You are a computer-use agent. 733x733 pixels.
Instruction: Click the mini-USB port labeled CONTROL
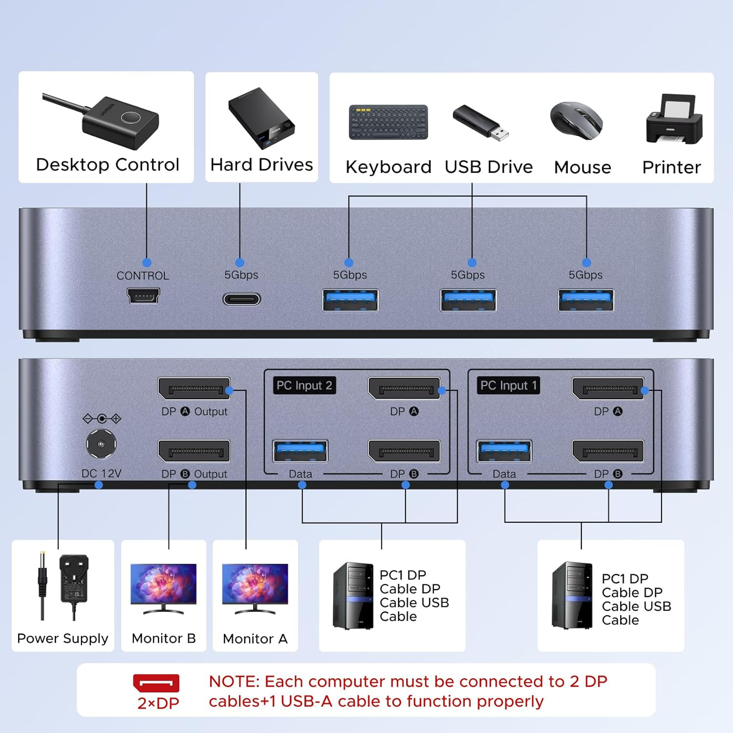[x=143, y=296]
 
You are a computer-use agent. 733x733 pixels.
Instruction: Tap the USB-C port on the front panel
[x=242, y=299]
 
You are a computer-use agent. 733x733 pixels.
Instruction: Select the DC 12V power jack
[x=101, y=444]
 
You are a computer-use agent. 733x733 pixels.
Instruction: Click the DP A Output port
[x=194, y=389]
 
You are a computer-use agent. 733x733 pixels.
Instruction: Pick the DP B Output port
[x=194, y=451]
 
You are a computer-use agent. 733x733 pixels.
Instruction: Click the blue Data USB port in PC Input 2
[x=301, y=451]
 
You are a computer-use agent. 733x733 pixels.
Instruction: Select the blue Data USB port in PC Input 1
[x=504, y=451]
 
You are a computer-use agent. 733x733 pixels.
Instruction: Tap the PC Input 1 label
[x=508, y=386]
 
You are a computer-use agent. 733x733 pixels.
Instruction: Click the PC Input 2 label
[x=304, y=386]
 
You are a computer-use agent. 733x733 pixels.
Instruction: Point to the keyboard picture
[x=388, y=122]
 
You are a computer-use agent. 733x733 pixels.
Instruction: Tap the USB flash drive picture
[x=480, y=123]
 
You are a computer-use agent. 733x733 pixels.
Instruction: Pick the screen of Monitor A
[x=255, y=583]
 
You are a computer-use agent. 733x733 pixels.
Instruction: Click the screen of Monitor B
[x=164, y=583]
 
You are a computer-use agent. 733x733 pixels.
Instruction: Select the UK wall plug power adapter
[x=74, y=579]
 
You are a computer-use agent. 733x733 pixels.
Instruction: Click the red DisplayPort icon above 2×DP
[x=156, y=683]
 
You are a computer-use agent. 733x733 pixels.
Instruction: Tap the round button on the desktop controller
[x=131, y=118]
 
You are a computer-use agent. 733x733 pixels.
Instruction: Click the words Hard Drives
[x=261, y=165]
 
